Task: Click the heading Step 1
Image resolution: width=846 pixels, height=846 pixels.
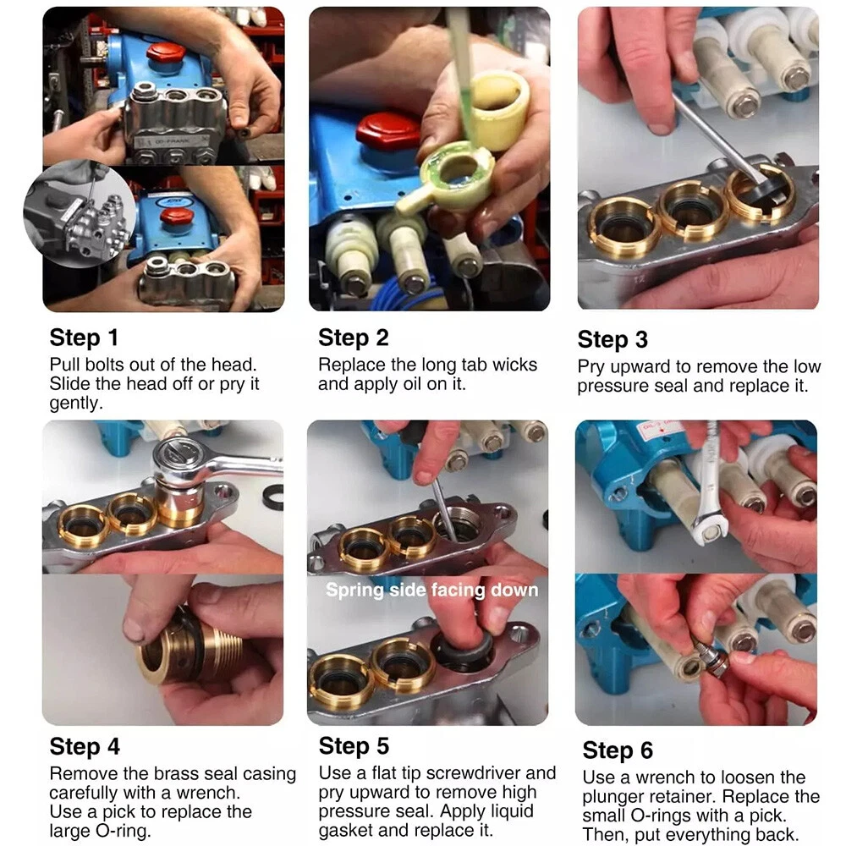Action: pos(84,338)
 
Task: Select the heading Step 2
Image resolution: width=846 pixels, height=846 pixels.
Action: pos(354,338)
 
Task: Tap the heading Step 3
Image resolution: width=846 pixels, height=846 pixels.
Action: pos(613,340)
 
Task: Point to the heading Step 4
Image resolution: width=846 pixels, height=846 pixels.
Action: pos(85,747)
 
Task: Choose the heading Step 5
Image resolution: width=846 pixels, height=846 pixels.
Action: pos(354,746)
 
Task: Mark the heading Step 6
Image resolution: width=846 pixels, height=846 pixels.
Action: pos(618,750)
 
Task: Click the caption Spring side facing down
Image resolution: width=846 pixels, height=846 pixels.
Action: pos(431,591)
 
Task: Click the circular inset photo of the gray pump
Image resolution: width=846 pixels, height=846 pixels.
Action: pos(80,214)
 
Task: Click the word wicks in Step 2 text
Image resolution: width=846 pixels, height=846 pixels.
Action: pos(514,365)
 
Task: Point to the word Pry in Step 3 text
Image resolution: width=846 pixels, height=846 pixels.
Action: pos(591,368)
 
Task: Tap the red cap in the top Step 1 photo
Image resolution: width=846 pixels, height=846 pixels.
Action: pos(166,52)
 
